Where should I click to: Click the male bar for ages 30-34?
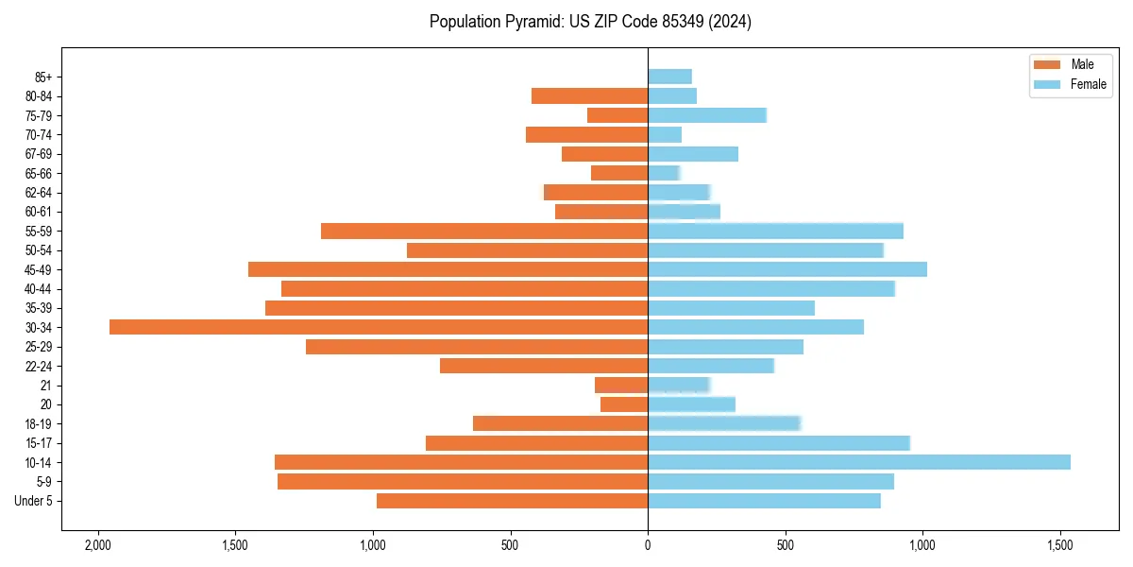coord(378,327)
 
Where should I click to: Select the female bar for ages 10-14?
coord(859,462)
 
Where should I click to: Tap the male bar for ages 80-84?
coord(589,95)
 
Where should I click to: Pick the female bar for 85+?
coord(669,77)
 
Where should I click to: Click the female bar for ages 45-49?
coord(787,269)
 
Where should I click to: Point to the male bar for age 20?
coord(624,404)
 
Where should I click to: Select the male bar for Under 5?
coord(512,501)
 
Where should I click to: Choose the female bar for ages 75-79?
coord(707,115)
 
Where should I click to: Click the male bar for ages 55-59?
coord(484,231)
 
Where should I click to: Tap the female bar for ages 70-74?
coord(665,134)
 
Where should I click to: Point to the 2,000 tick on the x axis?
coord(97,546)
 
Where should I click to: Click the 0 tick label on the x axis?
coord(648,546)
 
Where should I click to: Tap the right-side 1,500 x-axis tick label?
coord(1060,546)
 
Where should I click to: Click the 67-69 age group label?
coord(39,154)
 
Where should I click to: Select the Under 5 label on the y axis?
coord(33,501)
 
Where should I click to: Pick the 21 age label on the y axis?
coord(46,386)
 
